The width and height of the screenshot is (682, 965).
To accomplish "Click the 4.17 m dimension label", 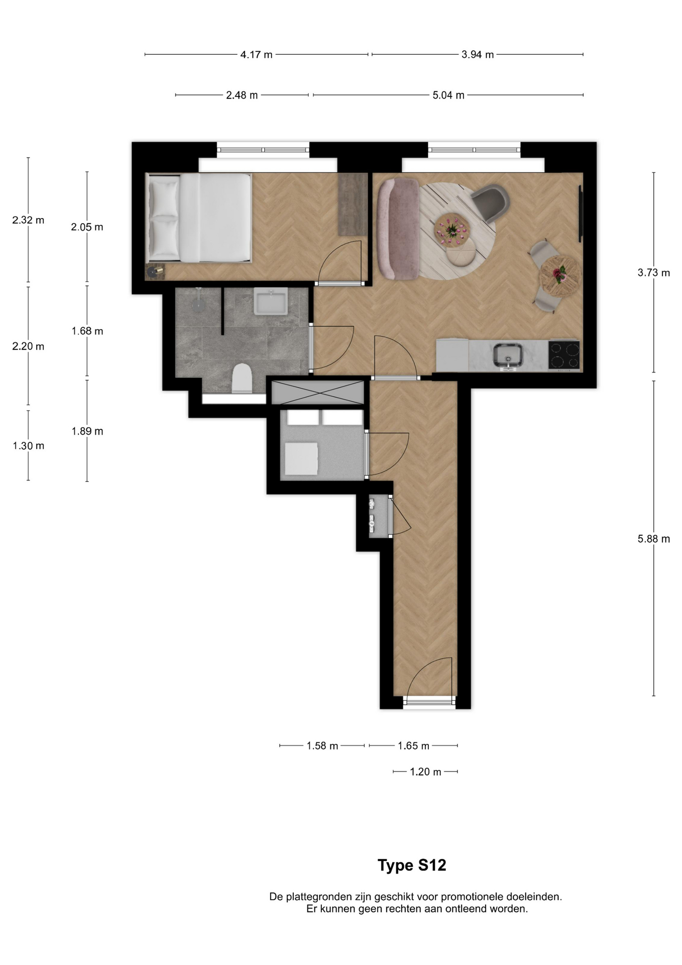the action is [x=256, y=54].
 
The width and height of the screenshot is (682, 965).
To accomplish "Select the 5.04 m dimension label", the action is [x=448, y=95].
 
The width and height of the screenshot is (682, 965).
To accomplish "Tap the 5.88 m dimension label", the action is [x=653, y=539].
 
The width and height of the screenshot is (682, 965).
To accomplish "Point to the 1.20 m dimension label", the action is [x=425, y=771].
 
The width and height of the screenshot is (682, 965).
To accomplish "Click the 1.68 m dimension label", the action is [x=87, y=331].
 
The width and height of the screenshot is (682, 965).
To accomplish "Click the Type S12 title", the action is [x=412, y=865].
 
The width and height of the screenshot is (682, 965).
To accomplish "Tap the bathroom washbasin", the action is [x=271, y=301].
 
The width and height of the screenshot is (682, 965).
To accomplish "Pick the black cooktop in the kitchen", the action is [x=564, y=355].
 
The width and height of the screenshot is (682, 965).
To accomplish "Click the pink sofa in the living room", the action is [x=398, y=229].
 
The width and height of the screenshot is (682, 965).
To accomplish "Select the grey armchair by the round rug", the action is [x=490, y=203].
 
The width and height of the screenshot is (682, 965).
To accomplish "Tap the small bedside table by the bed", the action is [x=155, y=271].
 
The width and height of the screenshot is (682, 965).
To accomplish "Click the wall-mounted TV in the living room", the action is [x=580, y=214].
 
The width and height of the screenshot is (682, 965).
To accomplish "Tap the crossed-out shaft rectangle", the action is [x=317, y=392].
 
